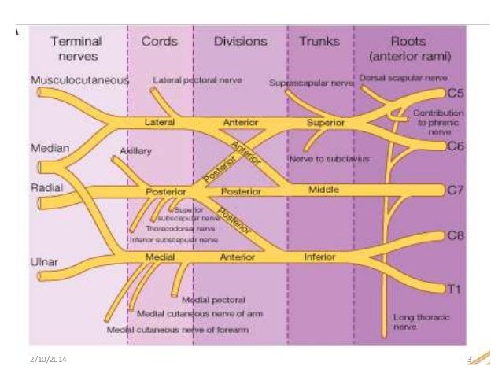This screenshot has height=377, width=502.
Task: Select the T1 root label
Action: tap(453, 290)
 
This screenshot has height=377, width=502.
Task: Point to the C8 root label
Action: tap(455, 235)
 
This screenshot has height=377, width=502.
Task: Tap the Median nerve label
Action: tap(49, 147)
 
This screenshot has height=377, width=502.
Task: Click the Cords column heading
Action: tap(159, 41)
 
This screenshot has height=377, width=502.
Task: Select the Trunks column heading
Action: tap(319, 41)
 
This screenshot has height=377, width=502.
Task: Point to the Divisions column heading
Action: tap(241, 41)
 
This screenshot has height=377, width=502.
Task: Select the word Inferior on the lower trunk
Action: tap(319, 257)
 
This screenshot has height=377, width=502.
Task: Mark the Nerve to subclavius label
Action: tap(329, 158)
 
